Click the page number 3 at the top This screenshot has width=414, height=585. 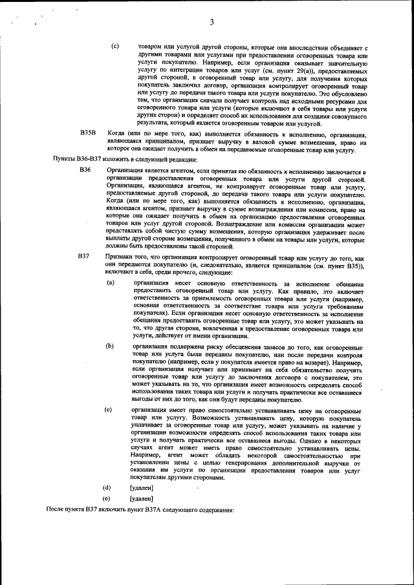(212, 23)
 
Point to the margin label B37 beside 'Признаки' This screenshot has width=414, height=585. (83, 257)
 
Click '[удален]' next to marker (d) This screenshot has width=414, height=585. (142, 487)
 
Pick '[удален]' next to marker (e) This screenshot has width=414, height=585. (142, 498)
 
